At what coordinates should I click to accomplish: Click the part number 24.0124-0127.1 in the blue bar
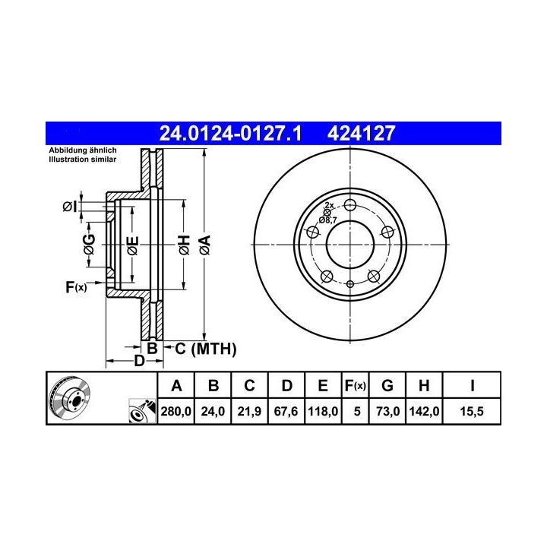point(230,133)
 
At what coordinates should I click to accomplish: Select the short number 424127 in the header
point(361,133)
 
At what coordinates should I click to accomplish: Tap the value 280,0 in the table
point(175,411)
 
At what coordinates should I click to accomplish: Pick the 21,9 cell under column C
point(249,411)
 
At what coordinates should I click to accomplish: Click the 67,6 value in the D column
point(286,411)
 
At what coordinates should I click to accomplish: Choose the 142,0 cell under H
point(424,411)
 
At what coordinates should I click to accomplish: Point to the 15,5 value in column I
point(472,411)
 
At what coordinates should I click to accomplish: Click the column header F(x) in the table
point(355,386)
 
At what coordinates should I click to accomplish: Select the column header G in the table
point(387,386)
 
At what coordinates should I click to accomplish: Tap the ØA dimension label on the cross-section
point(205,245)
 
